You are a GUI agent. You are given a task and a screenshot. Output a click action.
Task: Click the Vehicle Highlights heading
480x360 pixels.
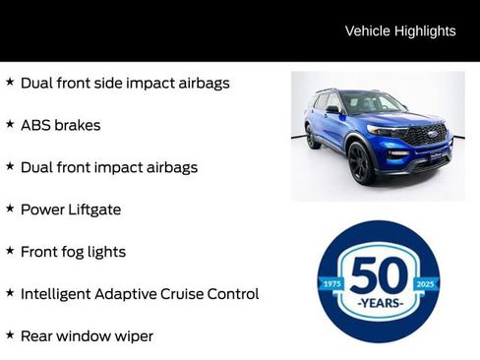(x=400, y=31)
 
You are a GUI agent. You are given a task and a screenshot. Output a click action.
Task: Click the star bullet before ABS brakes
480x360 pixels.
(x=10, y=125)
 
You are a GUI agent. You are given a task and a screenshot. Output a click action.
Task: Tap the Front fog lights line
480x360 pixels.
(x=73, y=252)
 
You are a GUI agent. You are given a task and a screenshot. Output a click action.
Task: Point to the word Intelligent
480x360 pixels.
(x=54, y=294)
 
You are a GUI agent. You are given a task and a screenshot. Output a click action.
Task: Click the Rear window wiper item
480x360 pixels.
(x=87, y=336)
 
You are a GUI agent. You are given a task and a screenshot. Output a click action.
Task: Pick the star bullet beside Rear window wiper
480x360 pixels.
(x=10, y=335)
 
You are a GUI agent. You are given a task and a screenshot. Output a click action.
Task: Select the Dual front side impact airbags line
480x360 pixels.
(x=125, y=84)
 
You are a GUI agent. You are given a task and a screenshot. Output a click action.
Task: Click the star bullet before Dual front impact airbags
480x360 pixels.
(x=10, y=167)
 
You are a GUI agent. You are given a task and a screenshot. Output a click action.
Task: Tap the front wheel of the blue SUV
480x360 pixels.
(x=361, y=162)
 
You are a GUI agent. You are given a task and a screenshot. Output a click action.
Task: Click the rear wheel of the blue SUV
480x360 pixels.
(x=313, y=137)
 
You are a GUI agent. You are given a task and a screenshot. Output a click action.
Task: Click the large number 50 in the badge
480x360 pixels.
(x=379, y=274)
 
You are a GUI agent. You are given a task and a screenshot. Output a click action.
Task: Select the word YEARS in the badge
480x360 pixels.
(x=379, y=303)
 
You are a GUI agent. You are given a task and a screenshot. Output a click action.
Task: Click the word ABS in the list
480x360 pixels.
(x=34, y=126)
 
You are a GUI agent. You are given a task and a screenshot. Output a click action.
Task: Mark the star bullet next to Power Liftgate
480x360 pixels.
(x=10, y=210)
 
